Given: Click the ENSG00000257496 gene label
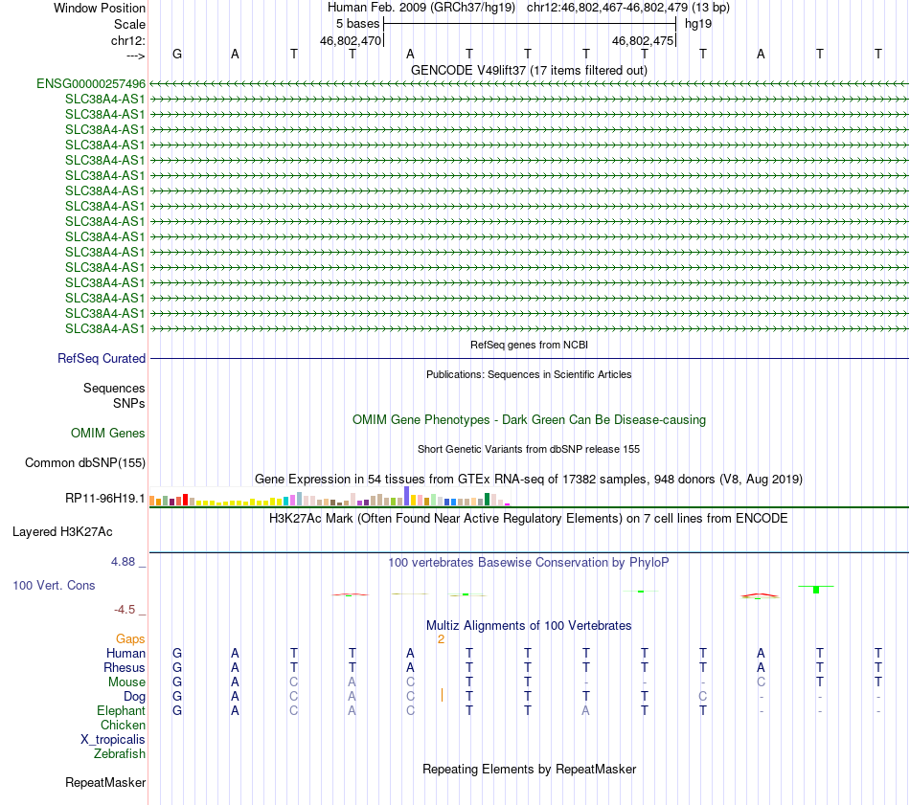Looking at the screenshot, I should click(x=91, y=84).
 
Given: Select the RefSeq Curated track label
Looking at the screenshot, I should click(x=102, y=358).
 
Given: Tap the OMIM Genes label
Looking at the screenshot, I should click(x=108, y=434).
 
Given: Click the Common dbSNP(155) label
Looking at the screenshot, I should click(x=85, y=463).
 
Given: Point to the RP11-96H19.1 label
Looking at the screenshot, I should click(x=105, y=498).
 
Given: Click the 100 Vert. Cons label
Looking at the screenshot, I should click(x=54, y=585).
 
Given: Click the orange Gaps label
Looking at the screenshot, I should click(x=130, y=638).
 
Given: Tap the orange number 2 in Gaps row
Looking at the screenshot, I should click(x=441, y=638).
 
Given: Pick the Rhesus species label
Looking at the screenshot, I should click(x=125, y=667).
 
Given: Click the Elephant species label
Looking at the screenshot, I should click(x=121, y=711).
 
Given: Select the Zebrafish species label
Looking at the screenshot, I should click(x=120, y=754).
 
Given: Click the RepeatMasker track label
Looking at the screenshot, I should click(x=105, y=783).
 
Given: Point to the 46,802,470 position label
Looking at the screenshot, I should click(x=351, y=41).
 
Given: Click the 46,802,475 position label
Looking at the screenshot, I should click(x=643, y=41).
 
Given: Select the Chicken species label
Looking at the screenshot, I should click(x=123, y=726).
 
